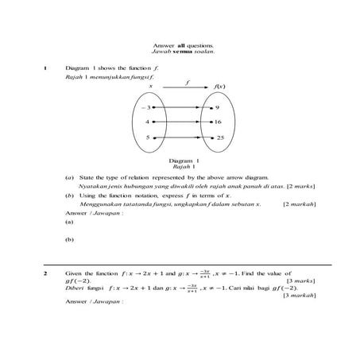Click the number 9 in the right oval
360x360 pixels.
coord(218,106)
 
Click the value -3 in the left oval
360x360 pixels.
coord(145,106)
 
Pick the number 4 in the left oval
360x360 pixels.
coord(147,122)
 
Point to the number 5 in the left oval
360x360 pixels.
coord(147,138)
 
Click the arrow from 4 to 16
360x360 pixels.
coord(181,122)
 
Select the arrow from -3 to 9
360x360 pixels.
coord(181,106)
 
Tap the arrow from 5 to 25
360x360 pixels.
coord(181,138)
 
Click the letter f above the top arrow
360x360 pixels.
coord(188,81)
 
